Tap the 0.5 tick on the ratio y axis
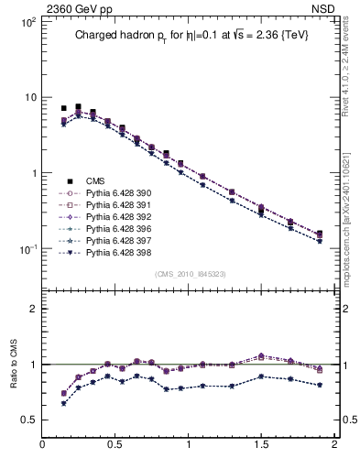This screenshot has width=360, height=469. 28,420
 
